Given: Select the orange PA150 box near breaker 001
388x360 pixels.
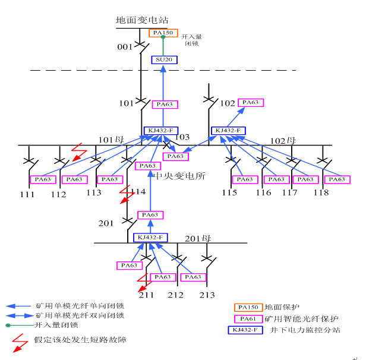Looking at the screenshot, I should point(163,33).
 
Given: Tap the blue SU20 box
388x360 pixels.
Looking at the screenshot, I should point(163,59).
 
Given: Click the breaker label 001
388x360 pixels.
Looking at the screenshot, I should point(125,46).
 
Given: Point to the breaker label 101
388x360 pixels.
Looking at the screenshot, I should point(127,103).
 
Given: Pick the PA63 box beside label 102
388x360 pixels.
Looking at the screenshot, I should point(251,103).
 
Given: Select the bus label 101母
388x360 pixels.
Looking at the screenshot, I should point(111,140).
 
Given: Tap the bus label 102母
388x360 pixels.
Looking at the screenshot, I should point(283,141).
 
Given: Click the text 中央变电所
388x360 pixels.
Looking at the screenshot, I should point(180,176).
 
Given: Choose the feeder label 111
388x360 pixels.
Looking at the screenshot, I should point(27,194).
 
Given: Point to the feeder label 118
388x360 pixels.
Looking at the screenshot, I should point(321,192).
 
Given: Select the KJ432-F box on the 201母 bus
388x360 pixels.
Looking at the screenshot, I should point(150,238).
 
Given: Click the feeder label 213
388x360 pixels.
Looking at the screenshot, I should point(207,295).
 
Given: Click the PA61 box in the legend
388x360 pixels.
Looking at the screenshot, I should point(249,319).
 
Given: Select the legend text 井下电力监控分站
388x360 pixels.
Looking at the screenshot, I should point(305,330).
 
